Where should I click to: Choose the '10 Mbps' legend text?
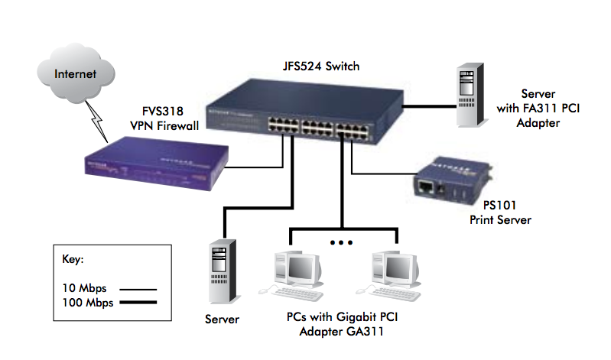83,288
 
